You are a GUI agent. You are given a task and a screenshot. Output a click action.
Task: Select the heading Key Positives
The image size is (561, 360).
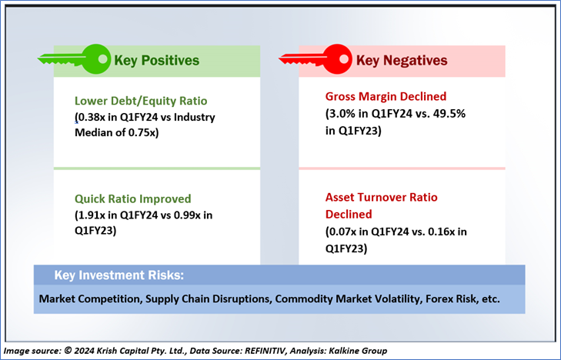click(156, 60)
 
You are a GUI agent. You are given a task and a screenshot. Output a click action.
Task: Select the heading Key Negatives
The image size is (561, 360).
click(401, 60)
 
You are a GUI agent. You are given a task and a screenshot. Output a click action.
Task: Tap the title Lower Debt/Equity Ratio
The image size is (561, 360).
click(141, 101)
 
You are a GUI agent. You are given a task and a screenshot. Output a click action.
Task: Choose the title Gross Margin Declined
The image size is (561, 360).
click(386, 97)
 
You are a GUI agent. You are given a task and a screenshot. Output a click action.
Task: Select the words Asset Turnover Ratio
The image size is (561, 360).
click(381, 197)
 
